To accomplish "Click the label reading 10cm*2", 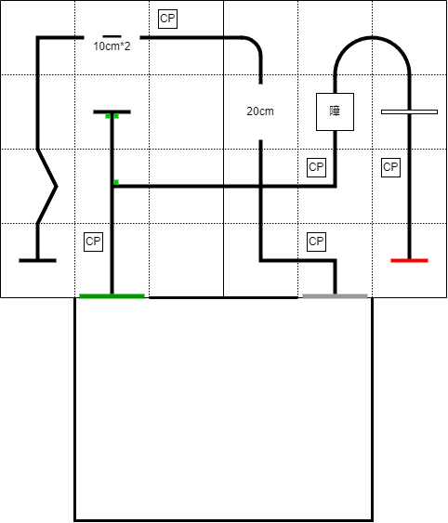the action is tap(112, 46).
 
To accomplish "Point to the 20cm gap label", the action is tap(260, 111).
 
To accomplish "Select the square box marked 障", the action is tap(335, 111).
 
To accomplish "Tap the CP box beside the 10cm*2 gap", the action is tap(167, 19).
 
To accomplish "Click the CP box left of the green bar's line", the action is tap(93, 242).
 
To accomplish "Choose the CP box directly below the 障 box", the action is tap(316, 167).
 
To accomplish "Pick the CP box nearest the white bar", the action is tap(391, 167).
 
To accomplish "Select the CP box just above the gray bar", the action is tap(316, 242).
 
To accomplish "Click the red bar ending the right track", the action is tap(409, 260).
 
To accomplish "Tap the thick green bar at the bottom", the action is tap(112, 296).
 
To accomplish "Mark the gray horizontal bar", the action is tap(335, 296).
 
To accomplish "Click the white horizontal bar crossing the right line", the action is tap(409, 112).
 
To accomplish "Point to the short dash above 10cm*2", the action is tap(112, 36).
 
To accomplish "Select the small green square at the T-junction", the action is tap(116, 182).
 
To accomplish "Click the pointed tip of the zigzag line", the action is tap(57, 187).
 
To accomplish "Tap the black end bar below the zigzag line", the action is tap(38, 260).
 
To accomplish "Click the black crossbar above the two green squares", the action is tap(112, 112).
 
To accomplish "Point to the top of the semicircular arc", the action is tap(372, 38).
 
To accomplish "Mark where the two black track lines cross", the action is tap(261, 186).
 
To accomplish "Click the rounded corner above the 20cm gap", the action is tap(255, 44).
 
